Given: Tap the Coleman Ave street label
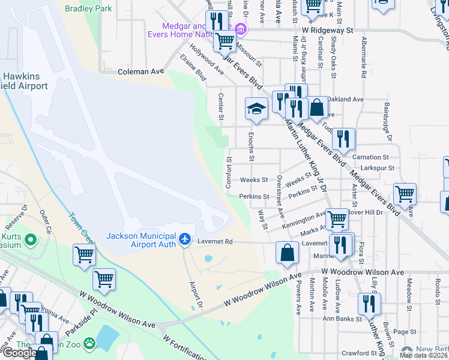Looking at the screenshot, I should (x=141, y=71).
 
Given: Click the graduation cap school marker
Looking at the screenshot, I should (x=256, y=109).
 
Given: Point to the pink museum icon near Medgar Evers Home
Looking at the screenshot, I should (x=240, y=29).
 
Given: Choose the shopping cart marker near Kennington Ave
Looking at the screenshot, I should (x=337, y=219).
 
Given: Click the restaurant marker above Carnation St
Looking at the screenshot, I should (x=343, y=139).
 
